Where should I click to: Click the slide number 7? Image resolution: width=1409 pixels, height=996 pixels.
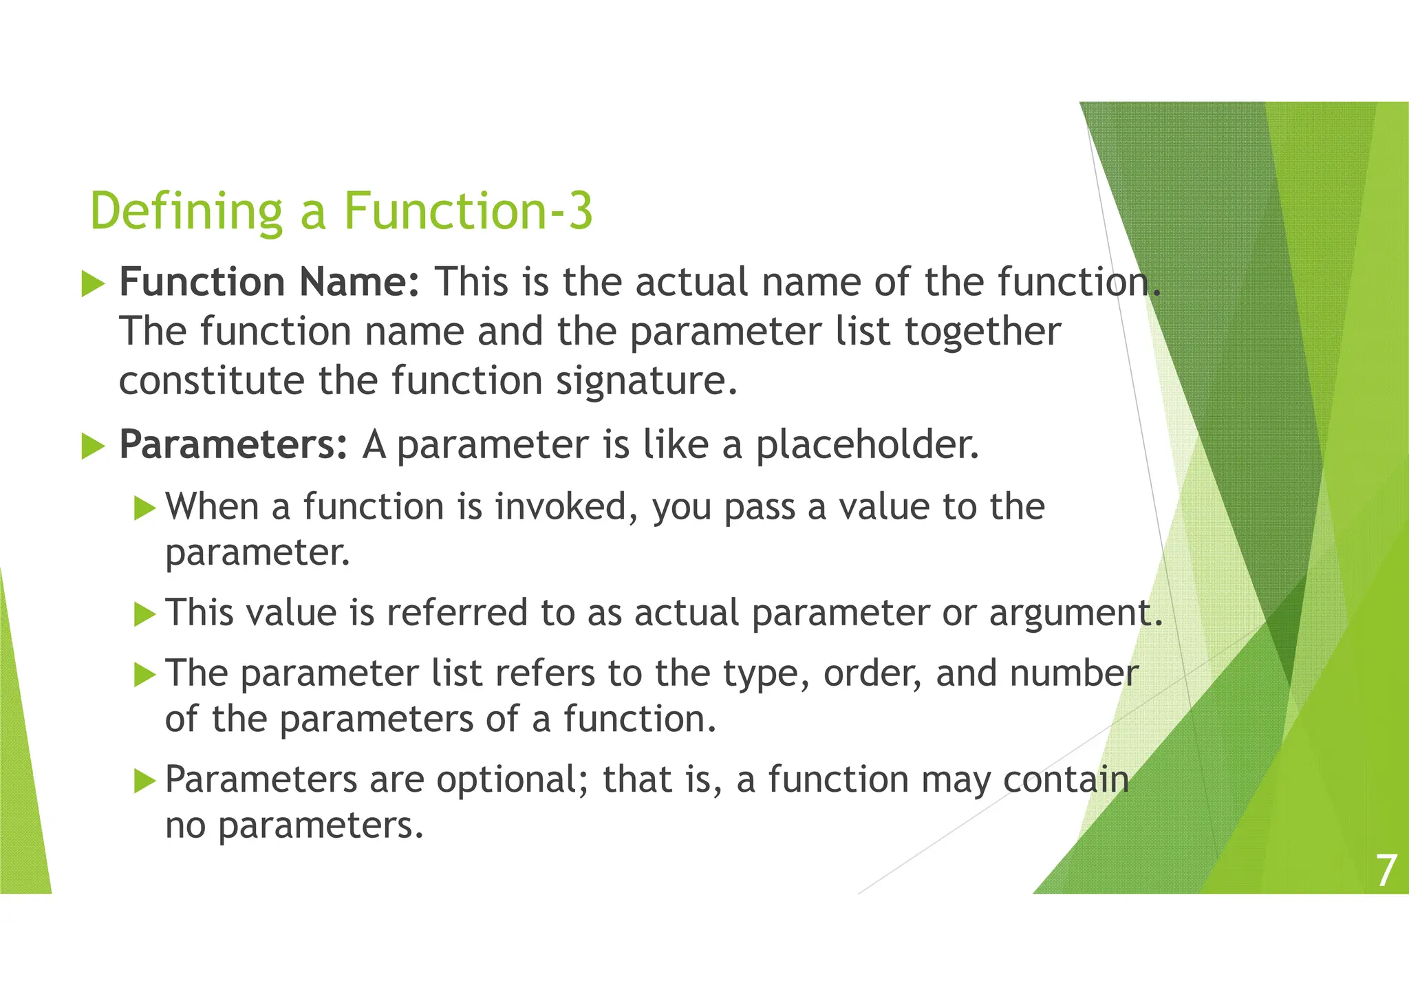pos(1386,871)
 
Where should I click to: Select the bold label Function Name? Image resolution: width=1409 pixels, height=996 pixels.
pos(269,282)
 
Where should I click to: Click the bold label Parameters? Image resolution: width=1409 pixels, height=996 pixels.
pos(233,444)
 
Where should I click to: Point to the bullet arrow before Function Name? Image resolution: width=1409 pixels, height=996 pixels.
pos(93,283)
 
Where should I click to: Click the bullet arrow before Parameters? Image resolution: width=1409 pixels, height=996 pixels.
pos(93,446)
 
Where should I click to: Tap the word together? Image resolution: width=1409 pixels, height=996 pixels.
pos(982,332)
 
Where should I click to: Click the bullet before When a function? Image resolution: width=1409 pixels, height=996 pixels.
pos(144,508)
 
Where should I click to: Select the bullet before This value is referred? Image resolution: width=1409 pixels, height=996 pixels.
pos(144,614)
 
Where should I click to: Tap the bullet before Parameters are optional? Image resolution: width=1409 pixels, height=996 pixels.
pos(144,781)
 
